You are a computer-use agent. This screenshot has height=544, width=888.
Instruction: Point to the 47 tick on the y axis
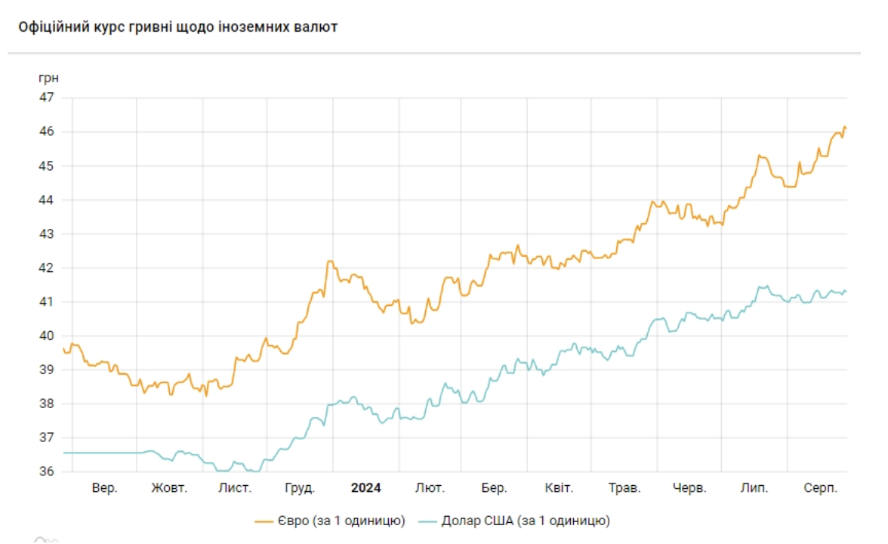click(x=47, y=97)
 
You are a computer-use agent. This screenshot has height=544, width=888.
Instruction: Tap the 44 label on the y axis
click(x=47, y=199)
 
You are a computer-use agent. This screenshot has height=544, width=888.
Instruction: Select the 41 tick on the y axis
click(x=47, y=301)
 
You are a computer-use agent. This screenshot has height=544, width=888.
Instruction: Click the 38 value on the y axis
click(x=47, y=403)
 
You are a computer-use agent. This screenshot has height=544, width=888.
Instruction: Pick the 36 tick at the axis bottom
click(x=47, y=471)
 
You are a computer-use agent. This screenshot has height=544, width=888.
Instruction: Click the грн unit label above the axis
click(x=48, y=78)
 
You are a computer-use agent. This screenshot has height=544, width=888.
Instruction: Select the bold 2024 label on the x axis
click(x=366, y=488)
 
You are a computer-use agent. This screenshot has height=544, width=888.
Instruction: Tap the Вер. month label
click(x=105, y=488)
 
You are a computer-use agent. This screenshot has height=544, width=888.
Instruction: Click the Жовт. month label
click(x=169, y=488)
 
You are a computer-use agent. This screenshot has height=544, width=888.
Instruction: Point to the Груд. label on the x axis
click(x=300, y=488)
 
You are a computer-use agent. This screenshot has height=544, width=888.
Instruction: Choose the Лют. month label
click(x=430, y=488)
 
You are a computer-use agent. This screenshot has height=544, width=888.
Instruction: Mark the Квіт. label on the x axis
click(x=559, y=488)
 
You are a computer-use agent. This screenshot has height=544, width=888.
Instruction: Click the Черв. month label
click(x=689, y=488)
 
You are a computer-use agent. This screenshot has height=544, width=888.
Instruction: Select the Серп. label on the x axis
click(x=821, y=488)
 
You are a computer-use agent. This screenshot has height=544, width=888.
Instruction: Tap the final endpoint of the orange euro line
click(x=846, y=128)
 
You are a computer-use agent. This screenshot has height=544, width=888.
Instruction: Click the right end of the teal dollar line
click(x=846, y=292)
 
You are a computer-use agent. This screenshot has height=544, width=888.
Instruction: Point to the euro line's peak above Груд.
click(x=329, y=261)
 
